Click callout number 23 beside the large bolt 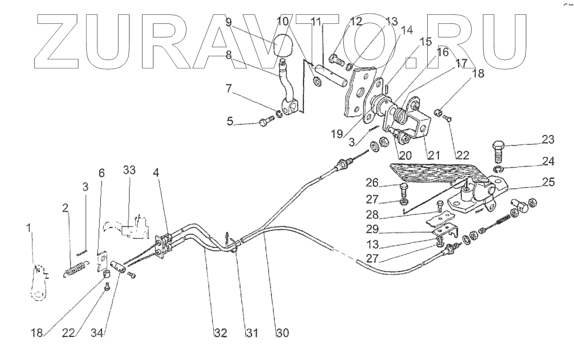click(x=547, y=140)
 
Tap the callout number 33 click(x=129, y=170)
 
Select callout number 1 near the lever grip click(x=29, y=228)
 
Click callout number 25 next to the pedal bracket click(x=548, y=182)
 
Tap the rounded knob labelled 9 click(x=282, y=45)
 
